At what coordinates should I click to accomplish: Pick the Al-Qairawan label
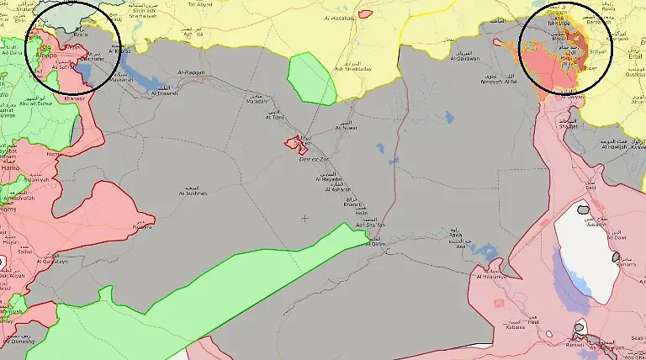click(x=464, y=58)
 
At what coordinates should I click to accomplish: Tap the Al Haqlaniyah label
click(x=493, y=276)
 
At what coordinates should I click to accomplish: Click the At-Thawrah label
click(x=164, y=93)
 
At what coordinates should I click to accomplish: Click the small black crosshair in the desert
click(x=304, y=219)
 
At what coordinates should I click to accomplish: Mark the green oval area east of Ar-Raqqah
click(x=311, y=78)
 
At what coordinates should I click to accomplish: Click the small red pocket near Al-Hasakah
click(x=365, y=13)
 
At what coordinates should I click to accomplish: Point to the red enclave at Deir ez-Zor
click(x=296, y=144)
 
